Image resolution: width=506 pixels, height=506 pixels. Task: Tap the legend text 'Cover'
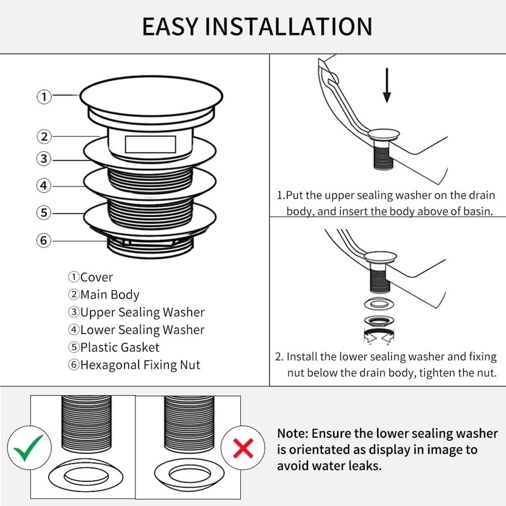tap(96, 277)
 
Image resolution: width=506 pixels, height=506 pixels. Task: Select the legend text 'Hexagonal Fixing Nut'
tap(140, 364)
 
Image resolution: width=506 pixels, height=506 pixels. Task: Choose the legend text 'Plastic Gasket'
tap(120, 347)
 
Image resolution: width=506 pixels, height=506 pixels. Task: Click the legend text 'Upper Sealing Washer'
tap(142, 312)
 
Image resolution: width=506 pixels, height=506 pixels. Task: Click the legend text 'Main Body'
tap(109, 295)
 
